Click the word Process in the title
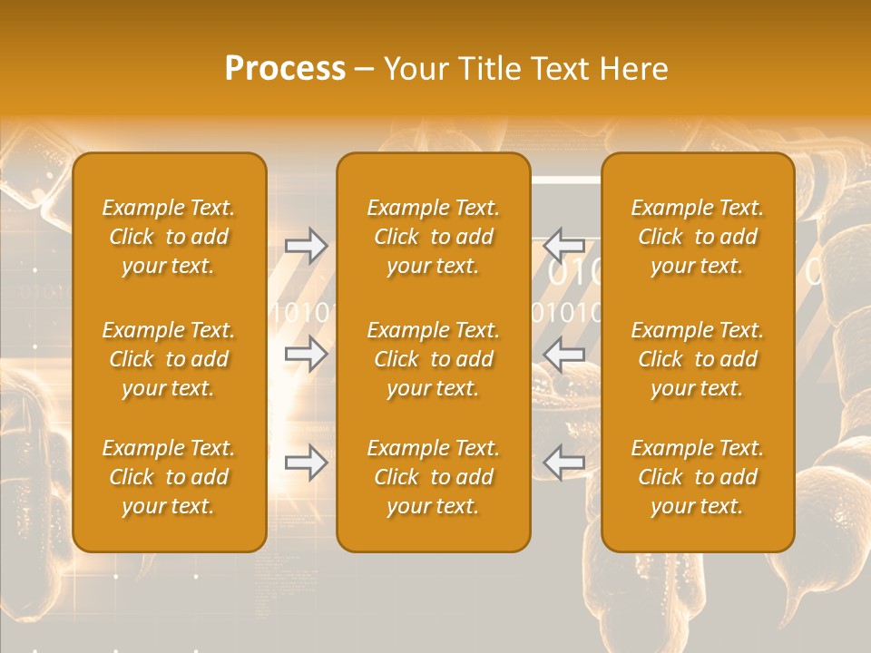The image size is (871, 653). pyautogui.click(x=285, y=69)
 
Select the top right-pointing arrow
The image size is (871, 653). pyautogui.click(x=307, y=246)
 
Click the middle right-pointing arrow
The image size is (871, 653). pyautogui.click(x=307, y=354)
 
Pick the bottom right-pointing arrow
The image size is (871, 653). pyautogui.click(x=307, y=463)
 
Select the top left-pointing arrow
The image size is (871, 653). pyautogui.click(x=563, y=246)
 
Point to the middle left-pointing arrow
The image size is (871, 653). pyautogui.click(x=563, y=354)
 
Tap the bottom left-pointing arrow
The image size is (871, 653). pyautogui.click(x=563, y=463)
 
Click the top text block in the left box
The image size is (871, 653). pyautogui.click(x=169, y=237)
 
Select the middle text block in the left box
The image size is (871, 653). pyautogui.click(x=169, y=359)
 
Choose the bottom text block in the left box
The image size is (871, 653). pyautogui.click(x=169, y=477)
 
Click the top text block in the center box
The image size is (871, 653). pyautogui.click(x=433, y=237)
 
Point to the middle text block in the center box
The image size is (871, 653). pyautogui.click(x=433, y=359)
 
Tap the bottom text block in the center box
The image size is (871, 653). pyautogui.click(x=433, y=477)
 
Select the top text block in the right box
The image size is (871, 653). pyautogui.click(x=697, y=237)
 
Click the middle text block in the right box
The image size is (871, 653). pyautogui.click(x=697, y=359)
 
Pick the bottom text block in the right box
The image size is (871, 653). pyautogui.click(x=697, y=477)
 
